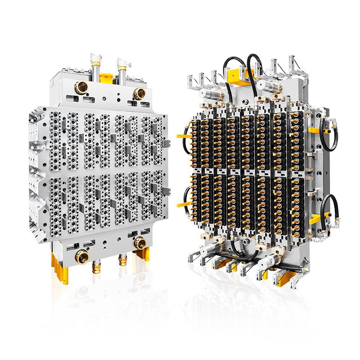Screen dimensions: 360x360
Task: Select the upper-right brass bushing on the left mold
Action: point(139,94)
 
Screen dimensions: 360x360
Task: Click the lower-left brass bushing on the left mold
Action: point(83,257)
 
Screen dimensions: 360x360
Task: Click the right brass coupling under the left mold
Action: point(123,261)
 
